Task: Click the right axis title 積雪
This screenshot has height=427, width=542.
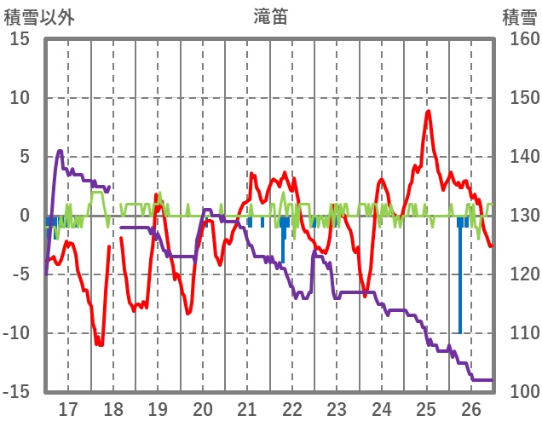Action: pos(519,16)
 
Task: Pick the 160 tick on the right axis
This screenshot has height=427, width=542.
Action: pos(519,39)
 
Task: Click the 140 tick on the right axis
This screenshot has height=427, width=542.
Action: pos(519,157)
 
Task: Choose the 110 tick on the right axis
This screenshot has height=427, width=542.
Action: pos(519,333)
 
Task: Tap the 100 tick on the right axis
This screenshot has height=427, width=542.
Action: pos(519,392)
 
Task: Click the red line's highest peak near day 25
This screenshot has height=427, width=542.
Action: pos(428,112)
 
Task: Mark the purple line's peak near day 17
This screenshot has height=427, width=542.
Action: pos(60,152)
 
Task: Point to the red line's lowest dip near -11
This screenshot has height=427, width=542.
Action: pos(100,343)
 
